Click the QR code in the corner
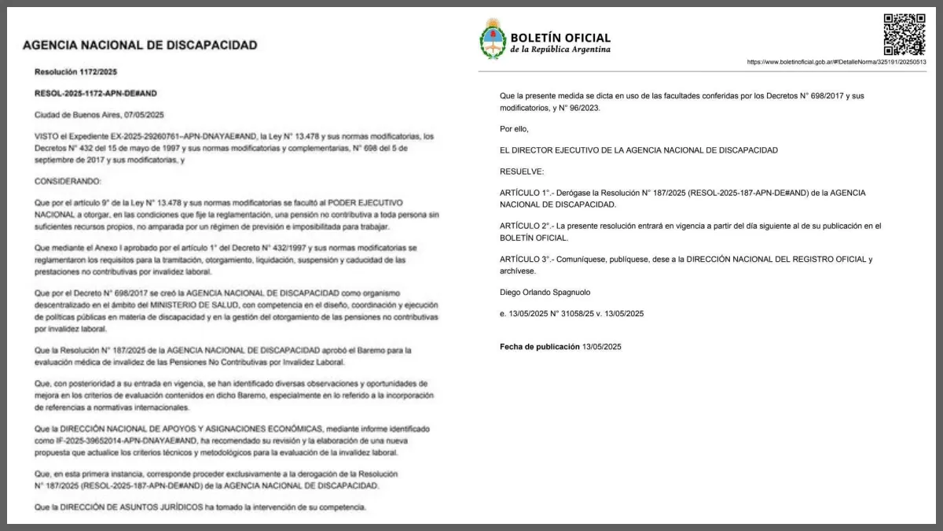click(x=904, y=34)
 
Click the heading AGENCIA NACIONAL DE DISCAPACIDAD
click(x=140, y=46)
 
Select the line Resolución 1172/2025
click(x=75, y=72)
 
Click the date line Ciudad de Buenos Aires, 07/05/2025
click(x=99, y=114)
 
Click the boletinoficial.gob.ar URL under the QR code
click(x=836, y=62)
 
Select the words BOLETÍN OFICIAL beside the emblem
click(x=560, y=37)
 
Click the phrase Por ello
click(x=514, y=128)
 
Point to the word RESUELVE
click(x=521, y=171)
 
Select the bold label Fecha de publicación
click(x=538, y=346)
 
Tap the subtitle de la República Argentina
click(x=560, y=50)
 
